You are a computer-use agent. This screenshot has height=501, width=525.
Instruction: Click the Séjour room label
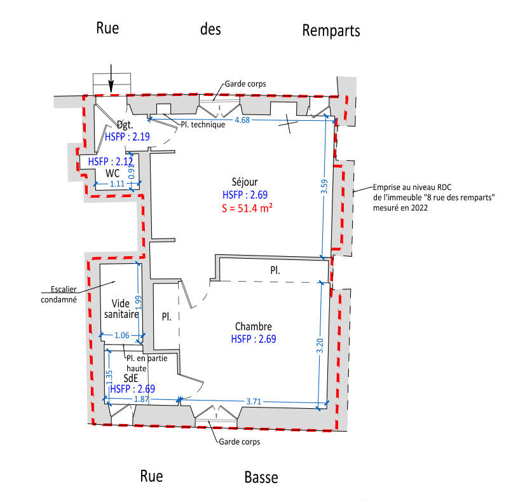[x=245, y=182]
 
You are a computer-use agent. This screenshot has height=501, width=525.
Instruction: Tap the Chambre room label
[x=254, y=326]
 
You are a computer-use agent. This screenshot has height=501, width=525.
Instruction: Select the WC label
[x=112, y=173]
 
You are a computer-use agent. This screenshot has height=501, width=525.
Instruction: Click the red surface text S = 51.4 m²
[x=247, y=209]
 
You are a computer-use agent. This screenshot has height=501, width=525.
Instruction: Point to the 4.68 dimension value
[x=242, y=120]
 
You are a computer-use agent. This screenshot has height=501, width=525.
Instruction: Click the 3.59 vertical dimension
[x=324, y=186]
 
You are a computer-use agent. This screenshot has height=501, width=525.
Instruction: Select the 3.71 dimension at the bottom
[x=254, y=401]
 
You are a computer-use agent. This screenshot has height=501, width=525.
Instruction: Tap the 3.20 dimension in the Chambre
[x=320, y=345]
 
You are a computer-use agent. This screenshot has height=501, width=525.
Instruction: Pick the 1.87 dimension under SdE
[x=141, y=399]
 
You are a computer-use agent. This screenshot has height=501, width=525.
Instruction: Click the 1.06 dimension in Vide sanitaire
[x=121, y=335]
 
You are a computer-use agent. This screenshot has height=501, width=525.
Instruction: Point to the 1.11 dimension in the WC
[x=117, y=184]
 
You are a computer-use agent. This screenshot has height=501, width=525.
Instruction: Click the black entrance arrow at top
[x=111, y=78]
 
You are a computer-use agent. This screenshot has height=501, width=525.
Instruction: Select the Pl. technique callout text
[x=203, y=125]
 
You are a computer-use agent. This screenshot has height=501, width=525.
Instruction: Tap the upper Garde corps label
[x=245, y=84]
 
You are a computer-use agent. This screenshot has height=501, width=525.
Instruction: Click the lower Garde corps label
[x=240, y=442]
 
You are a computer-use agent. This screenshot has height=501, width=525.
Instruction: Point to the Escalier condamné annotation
[x=59, y=294]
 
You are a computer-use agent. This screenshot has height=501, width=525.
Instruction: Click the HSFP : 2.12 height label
[x=111, y=161]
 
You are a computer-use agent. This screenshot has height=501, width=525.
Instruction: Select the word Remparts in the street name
[x=331, y=31]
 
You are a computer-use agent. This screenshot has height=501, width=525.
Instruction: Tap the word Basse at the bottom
[x=261, y=477]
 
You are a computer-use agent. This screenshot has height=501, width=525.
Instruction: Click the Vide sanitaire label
[x=121, y=309]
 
